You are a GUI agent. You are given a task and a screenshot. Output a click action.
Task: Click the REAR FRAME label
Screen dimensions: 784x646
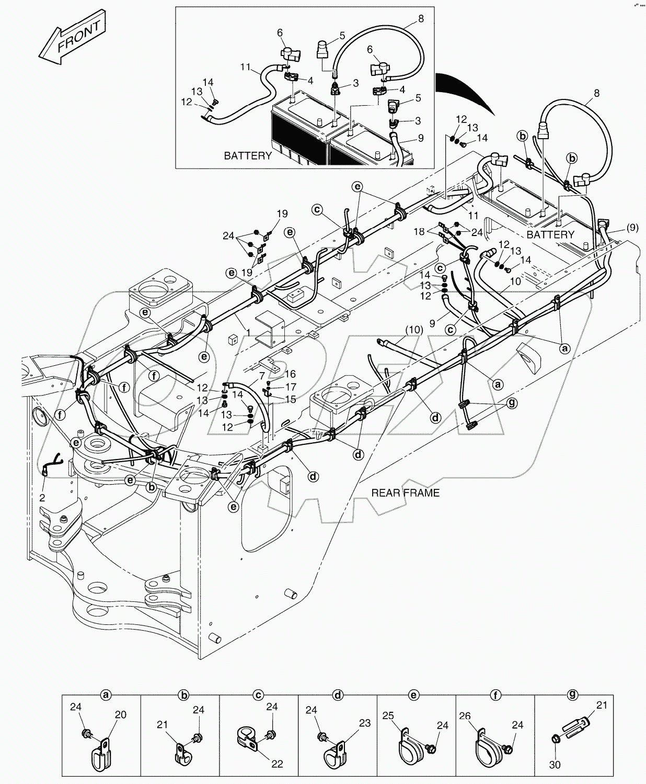click(405, 492)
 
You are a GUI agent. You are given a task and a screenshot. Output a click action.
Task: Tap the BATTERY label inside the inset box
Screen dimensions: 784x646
click(248, 155)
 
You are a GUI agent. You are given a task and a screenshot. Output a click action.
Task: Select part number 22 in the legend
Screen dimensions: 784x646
click(277, 764)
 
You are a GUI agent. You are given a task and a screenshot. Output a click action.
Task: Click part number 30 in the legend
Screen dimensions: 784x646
click(555, 765)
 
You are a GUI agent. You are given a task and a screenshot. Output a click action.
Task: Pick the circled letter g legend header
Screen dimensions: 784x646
click(573, 695)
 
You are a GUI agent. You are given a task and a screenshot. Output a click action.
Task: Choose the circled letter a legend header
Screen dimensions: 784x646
click(106, 695)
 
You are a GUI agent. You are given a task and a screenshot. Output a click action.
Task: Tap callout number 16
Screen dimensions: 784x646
click(290, 374)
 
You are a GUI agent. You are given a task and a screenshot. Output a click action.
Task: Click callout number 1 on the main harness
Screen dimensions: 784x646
click(248, 332)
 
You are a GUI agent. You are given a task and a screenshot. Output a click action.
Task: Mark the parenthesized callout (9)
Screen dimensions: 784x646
click(631, 227)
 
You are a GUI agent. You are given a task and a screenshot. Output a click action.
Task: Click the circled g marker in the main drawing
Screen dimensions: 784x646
click(513, 404)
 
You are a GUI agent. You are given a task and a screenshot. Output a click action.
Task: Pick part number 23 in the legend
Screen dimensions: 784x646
click(364, 723)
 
